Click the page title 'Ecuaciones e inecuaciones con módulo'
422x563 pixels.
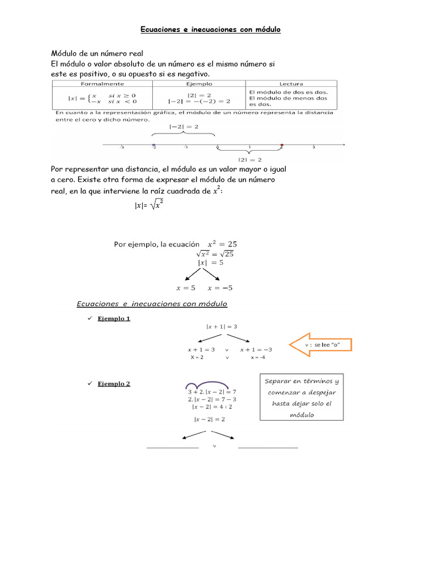click(x=210, y=30)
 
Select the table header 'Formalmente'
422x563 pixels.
click(x=102, y=84)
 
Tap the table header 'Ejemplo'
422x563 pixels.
click(x=198, y=84)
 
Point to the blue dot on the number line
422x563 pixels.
click(x=153, y=146)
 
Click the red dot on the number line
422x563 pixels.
click(x=282, y=146)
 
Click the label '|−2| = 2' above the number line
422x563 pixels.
click(x=184, y=126)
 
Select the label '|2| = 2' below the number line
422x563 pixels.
click(x=249, y=159)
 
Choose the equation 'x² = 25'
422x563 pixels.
click(x=222, y=244)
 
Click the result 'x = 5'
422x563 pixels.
click(x=186, y=288)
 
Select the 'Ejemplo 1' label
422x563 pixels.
click(x=114, y=318)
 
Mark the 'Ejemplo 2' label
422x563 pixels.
click(x=114, y=384)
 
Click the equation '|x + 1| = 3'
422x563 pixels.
click(x=221, y=326)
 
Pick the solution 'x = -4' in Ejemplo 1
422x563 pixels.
click(x=258, y=357)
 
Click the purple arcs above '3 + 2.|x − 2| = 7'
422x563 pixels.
click(x=207, y=385)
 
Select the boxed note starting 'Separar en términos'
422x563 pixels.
click(x=302, y=398)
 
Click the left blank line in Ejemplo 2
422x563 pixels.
click(x=173, y=448)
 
